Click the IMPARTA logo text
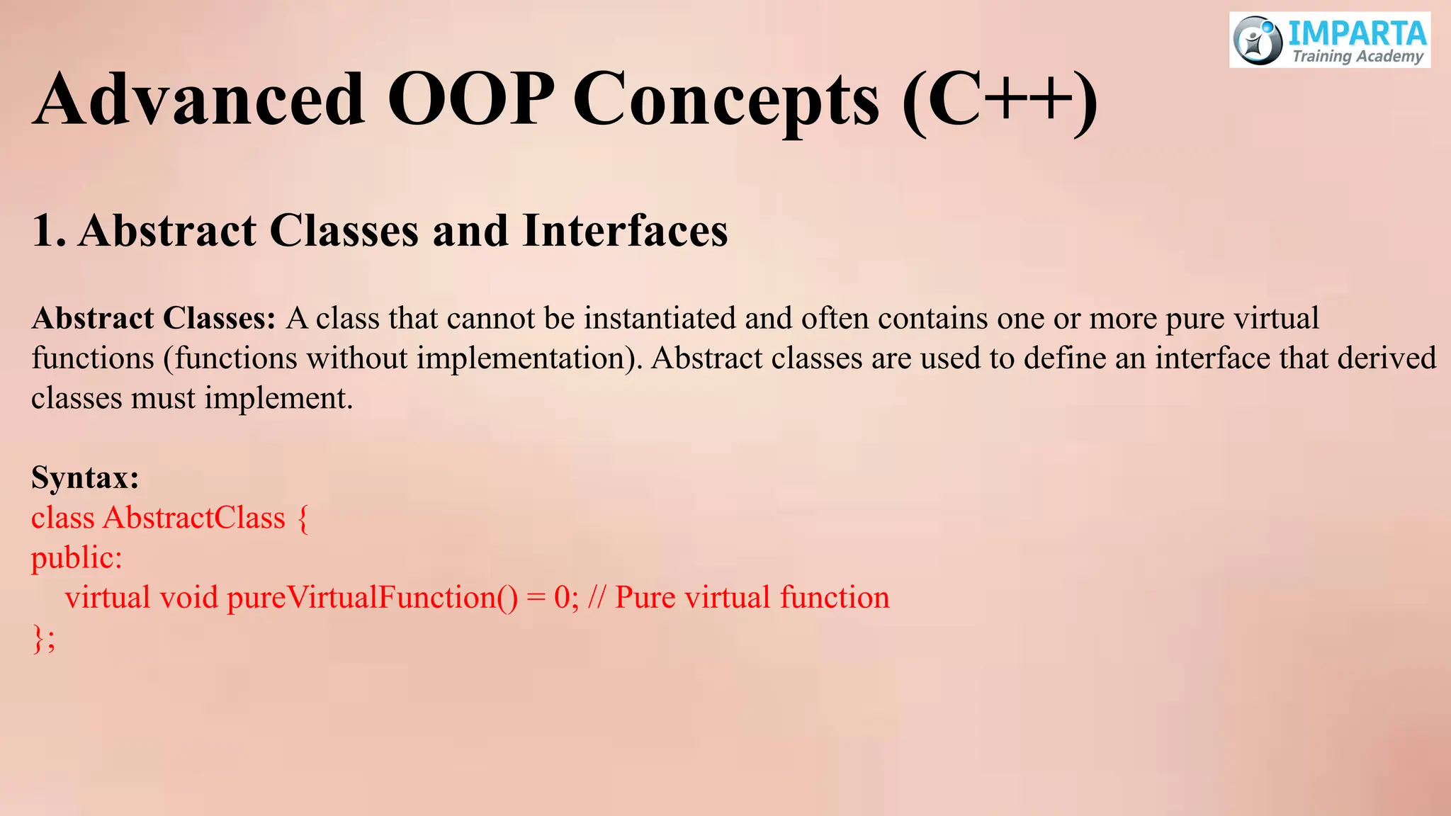click(1356, 34)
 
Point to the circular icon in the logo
click(1258, 40)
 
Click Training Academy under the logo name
click(1357, 57)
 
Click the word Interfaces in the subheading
click(625, 231)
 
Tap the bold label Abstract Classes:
click(153, 319)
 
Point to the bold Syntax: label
click(85, 477)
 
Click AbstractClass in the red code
click(193, 518)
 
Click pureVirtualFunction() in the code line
click(372, 598)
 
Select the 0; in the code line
click(566, 598)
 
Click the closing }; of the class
click(43, 638)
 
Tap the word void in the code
click(188, 598)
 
